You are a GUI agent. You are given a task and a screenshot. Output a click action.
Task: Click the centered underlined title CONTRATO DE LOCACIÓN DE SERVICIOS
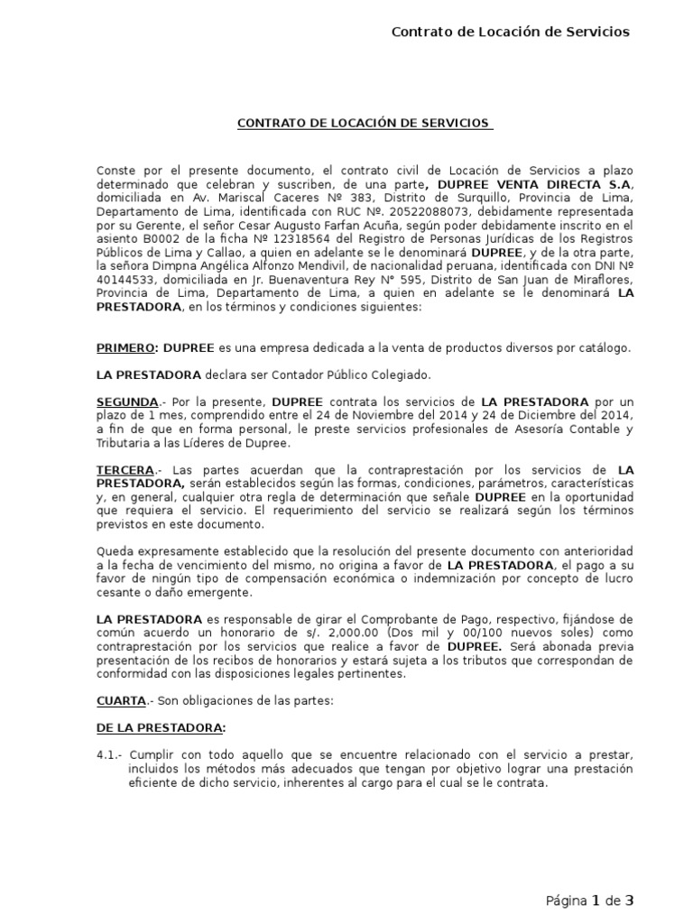[x=364, y=123]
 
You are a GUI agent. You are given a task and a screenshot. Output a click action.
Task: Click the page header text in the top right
[x=510, y=32]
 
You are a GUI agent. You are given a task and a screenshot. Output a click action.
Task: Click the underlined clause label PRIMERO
[x=125, y=348]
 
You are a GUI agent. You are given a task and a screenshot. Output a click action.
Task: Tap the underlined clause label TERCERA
[x=125, y=470]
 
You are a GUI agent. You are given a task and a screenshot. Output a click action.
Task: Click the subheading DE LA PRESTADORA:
[x=161, y=727]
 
